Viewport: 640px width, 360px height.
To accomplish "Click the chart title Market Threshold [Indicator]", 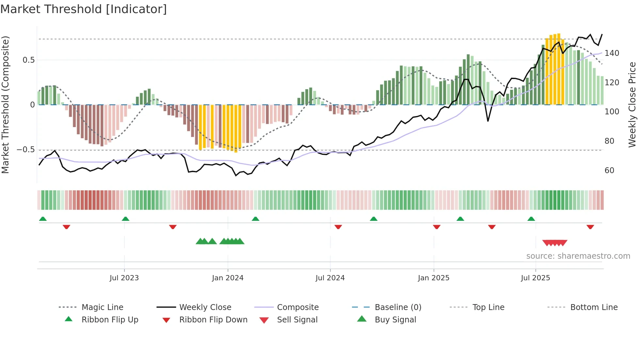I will point(84,9).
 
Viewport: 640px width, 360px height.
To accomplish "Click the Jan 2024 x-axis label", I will point(228,278).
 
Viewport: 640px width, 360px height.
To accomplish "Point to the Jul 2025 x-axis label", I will point(535,278).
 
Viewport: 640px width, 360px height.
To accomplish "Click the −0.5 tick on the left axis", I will point(26,150).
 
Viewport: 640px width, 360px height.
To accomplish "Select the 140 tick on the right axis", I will point(612,53).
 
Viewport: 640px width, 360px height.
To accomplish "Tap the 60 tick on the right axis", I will point(609,171).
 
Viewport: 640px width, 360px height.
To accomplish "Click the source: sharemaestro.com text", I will point(578,256).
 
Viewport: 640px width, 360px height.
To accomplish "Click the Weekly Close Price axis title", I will point(632,105).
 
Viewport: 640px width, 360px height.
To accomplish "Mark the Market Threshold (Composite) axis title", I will point(5,105).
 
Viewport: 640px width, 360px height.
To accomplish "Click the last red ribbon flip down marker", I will point(590,227).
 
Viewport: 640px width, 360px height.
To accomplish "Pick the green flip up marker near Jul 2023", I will point(125,219).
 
